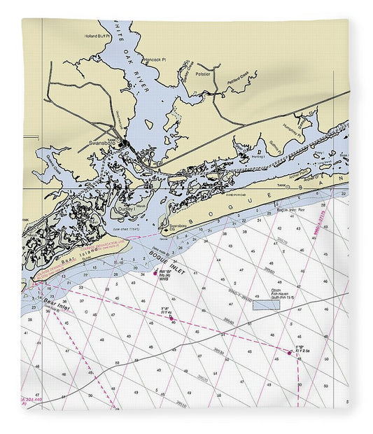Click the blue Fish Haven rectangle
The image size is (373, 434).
point(265,305)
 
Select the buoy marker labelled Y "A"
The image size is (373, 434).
point(171,318)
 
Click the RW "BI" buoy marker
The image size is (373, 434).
point(155,273)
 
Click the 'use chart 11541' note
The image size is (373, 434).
point(127,229)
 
